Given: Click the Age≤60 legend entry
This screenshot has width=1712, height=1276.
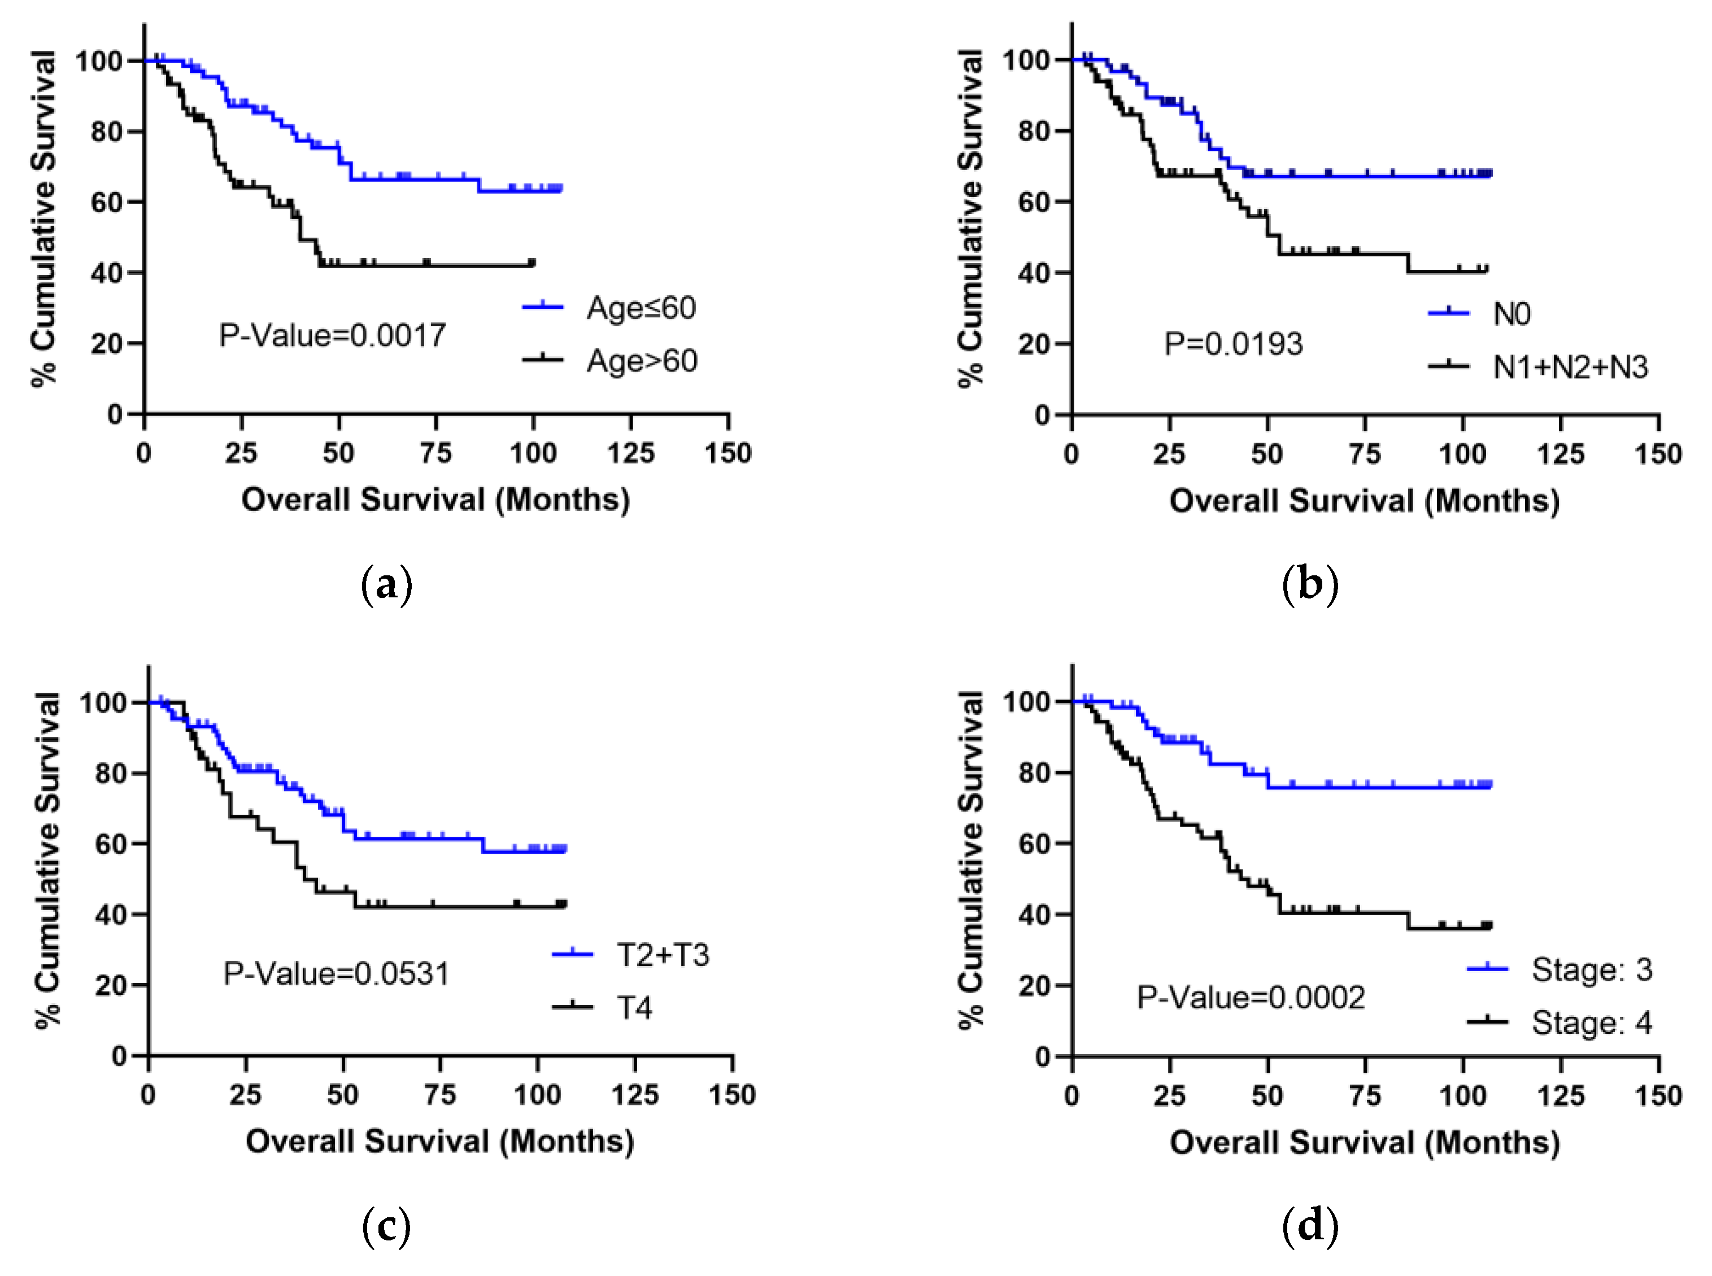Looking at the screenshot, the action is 641,308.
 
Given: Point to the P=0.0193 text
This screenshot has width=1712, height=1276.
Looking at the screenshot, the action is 1234,344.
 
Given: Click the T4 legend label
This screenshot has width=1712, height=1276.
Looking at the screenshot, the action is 634,1008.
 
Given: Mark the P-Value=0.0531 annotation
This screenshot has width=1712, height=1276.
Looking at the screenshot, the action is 337,973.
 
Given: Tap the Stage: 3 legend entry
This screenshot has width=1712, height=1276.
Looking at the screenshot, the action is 1592,969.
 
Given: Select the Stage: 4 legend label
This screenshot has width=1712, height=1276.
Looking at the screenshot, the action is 1592,1022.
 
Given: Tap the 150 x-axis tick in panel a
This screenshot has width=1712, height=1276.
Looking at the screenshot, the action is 728,453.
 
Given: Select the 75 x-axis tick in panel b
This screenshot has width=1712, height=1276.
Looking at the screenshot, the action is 1365,453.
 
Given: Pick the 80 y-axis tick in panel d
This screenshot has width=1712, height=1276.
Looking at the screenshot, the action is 1034,772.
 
